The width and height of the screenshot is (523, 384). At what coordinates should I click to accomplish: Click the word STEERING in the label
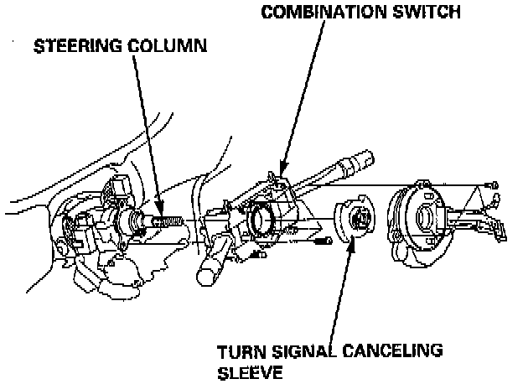coord(75,46)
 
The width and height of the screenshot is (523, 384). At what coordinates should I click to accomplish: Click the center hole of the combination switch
coord(261,221)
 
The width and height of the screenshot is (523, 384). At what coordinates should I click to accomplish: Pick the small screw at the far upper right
coord(496,184)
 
